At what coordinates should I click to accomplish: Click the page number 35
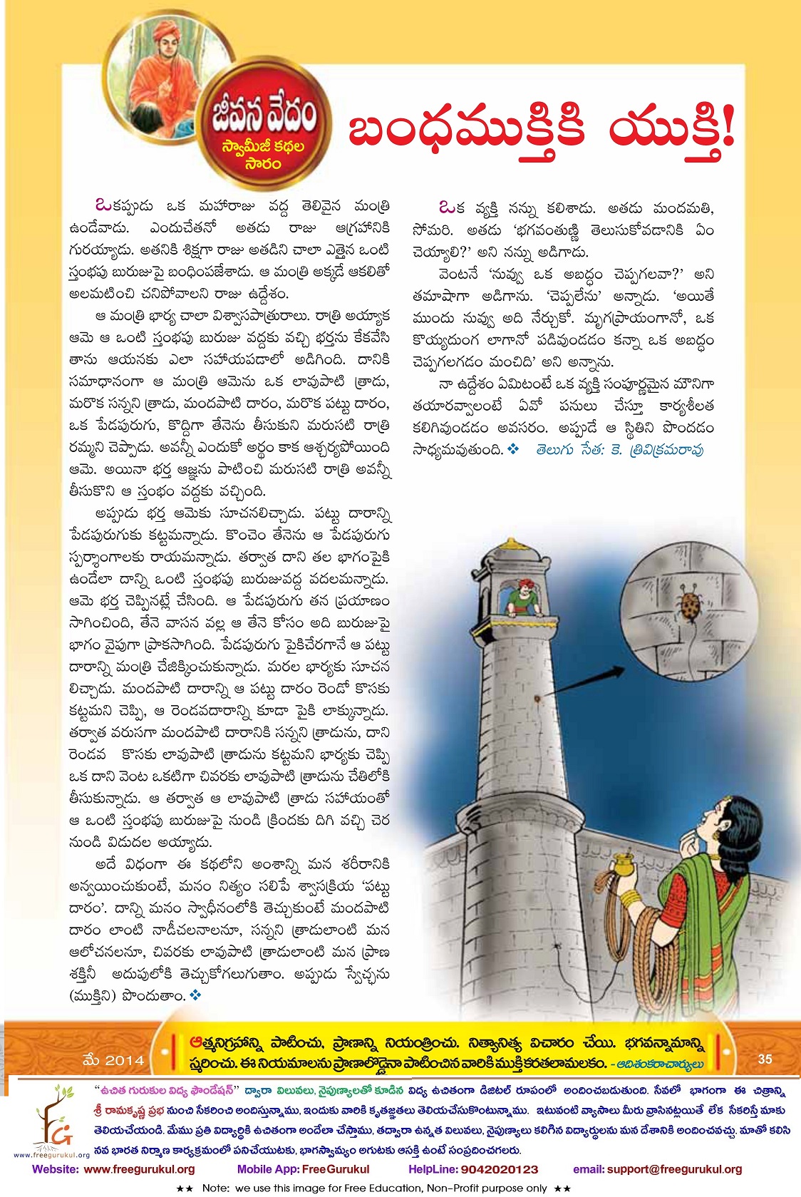click(765, 1059)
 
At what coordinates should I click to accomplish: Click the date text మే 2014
click(113, 1060)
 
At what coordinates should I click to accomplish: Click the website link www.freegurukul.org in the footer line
click(139, 1169)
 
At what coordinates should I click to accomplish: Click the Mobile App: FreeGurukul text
click(303, 1169)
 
